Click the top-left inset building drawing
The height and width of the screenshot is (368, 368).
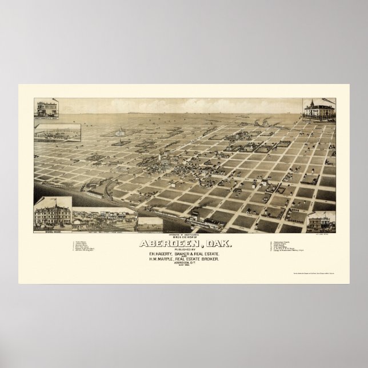click(50, 109)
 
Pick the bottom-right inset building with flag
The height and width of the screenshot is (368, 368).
click(321, 222)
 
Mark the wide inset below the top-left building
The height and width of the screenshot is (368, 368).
click(57, 131)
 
